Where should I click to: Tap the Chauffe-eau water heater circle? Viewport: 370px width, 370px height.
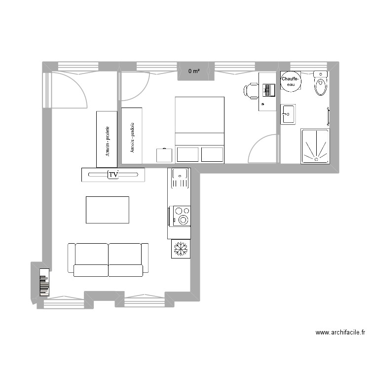289,82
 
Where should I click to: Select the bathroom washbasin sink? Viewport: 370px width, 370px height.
288,114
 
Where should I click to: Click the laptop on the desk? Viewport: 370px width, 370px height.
268,90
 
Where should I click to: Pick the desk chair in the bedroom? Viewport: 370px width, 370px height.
251,90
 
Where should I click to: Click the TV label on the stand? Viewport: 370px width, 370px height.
113,175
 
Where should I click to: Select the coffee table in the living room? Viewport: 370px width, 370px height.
108,210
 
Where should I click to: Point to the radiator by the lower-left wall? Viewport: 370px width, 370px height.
44,283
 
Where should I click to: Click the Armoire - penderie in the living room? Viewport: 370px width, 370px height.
107,139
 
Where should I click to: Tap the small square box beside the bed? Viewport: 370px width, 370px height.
164,155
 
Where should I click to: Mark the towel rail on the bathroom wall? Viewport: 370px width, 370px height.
329,117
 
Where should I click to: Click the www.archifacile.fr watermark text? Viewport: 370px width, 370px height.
340,333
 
